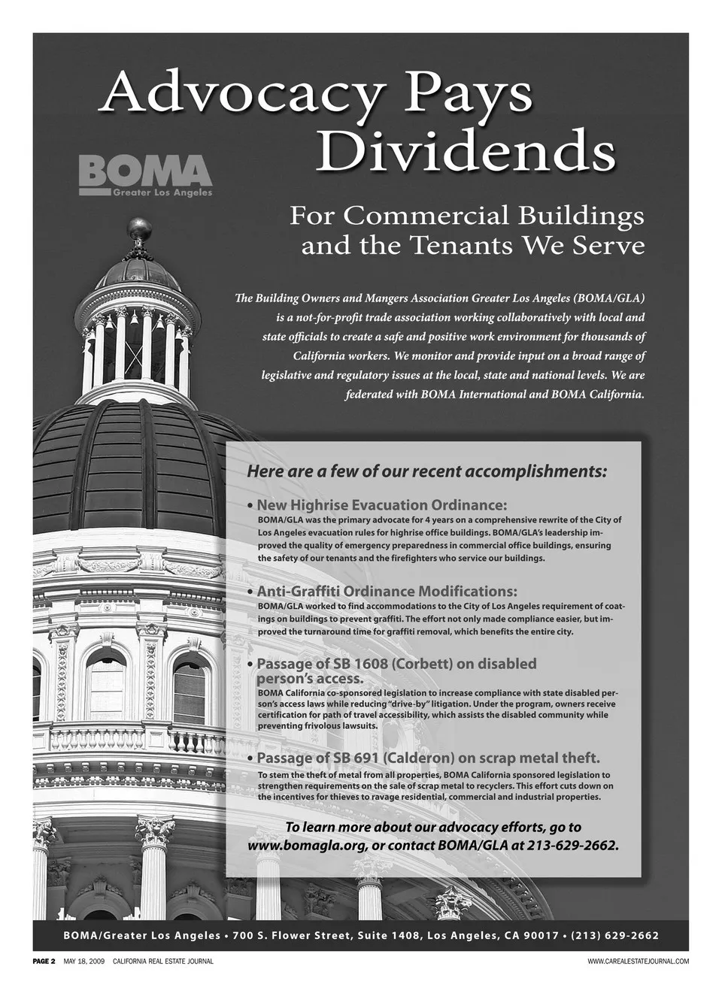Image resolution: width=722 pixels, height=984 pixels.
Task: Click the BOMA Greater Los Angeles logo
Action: (x=146, y=175)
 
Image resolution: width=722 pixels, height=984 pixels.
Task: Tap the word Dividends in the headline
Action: (x=465, y=151)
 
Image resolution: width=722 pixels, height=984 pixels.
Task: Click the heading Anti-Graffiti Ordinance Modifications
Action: (x=387, y=592)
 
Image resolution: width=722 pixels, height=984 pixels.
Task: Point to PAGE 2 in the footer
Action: (x=44, y=961)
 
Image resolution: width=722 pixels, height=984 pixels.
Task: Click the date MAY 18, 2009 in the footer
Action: (x=84, y=961)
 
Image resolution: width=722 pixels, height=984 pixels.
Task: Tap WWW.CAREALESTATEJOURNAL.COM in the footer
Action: (x=638, y=961)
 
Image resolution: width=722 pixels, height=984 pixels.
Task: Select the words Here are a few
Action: (x=292, y=472)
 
